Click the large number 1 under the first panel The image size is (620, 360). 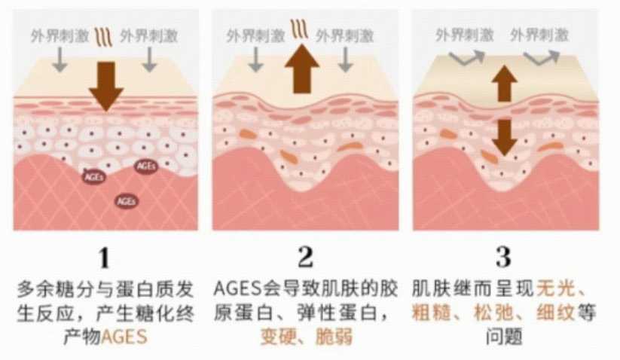[105, 258]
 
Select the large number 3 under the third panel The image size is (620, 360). [503, 258]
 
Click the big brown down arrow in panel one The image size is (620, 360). [105, 84]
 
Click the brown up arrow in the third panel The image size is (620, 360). [503, 82]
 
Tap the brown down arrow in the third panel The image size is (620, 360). [503, 135]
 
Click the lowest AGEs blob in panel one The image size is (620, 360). [126, 201]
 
